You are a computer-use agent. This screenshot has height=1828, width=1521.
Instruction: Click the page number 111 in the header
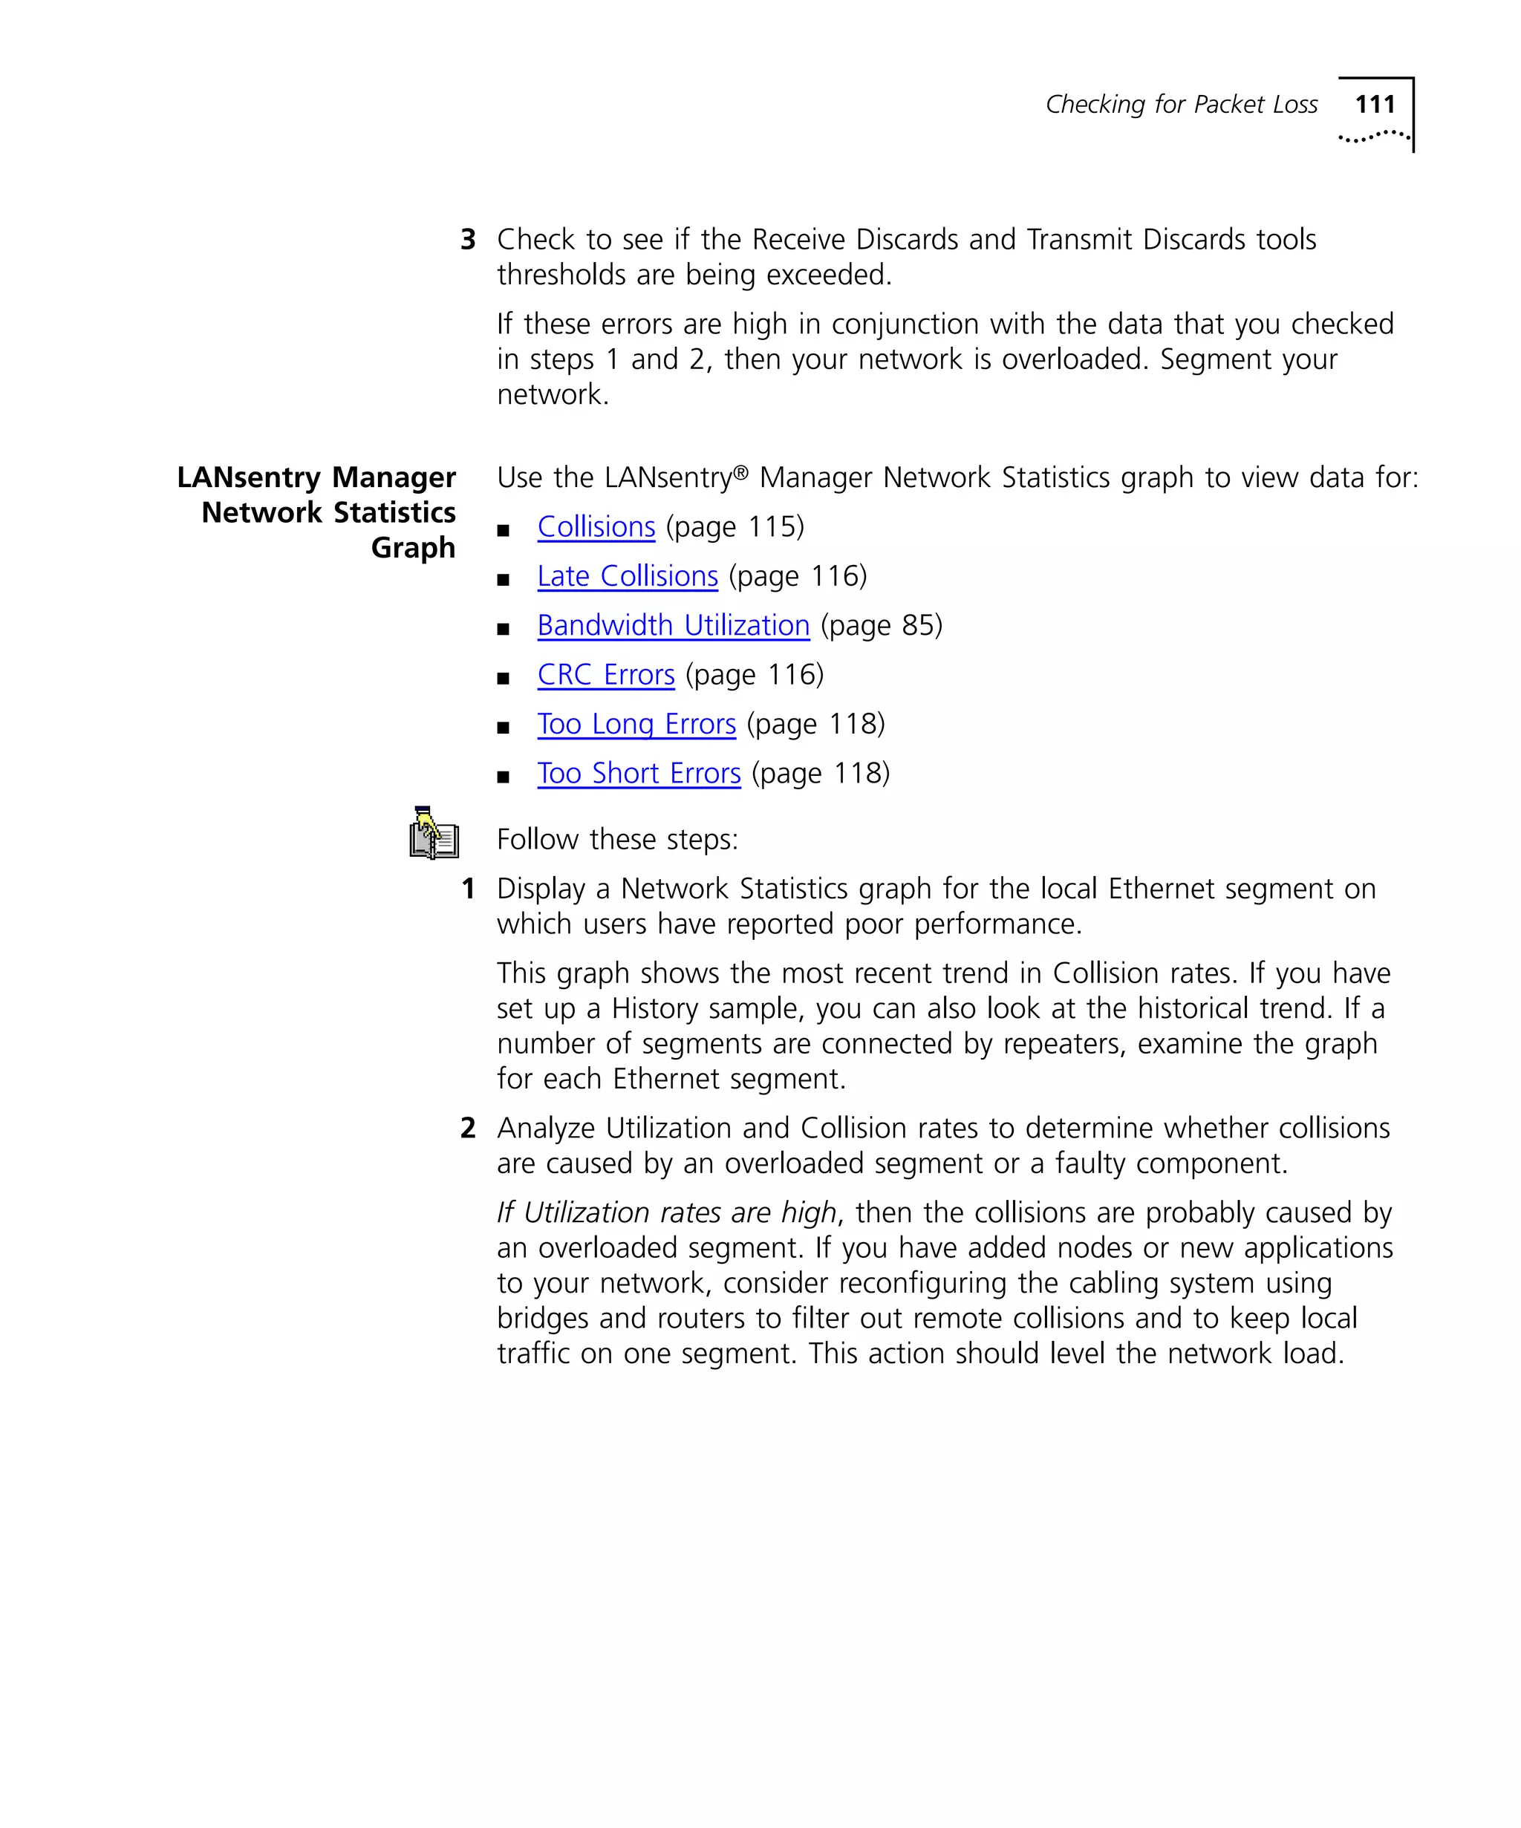(x=1375, y=105)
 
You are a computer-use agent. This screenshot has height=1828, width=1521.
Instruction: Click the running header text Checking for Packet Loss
(x=1181, y=105)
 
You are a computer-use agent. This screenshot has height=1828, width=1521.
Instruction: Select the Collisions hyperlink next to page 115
(x=596, y=526)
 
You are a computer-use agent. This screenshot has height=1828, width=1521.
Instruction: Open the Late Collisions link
(x=627, y=576)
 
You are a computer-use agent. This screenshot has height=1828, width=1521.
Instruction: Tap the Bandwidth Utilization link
(x=673, y=625)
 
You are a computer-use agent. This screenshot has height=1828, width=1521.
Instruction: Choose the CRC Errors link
(x=605, y=675)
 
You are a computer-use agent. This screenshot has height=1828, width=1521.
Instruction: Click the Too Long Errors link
(x=636, y=724)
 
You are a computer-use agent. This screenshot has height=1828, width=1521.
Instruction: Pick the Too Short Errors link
(x=638, y=773)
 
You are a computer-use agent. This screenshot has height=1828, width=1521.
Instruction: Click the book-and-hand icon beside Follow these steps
(x=434, y=833)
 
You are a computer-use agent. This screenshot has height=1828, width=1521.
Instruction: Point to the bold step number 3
(x=468, y=239)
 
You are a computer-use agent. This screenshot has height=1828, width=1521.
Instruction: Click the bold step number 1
(x=468, y=889)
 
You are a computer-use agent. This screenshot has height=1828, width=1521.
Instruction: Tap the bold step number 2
(x=468, y=1128)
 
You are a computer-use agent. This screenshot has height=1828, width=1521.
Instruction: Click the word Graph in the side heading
(x=413, y=547)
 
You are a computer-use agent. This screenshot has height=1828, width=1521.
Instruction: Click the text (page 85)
(x=881, y=625)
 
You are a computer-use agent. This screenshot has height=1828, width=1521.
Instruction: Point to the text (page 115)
(x=734, y=526)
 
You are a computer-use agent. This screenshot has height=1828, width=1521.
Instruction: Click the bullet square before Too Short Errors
(x=502, y=777)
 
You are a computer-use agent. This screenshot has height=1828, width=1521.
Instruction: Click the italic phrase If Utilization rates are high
(x=666, y=1212)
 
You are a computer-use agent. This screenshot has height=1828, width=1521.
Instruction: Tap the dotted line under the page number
(x=1373, y=137)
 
